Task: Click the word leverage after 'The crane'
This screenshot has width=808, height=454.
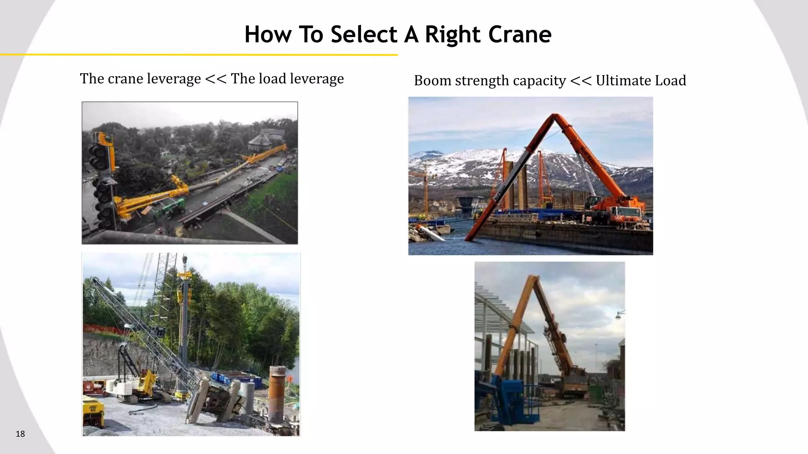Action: coord(174,79)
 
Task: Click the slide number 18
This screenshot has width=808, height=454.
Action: coord(20,434)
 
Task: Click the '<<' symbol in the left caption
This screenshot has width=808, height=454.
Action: coord(215,79)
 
